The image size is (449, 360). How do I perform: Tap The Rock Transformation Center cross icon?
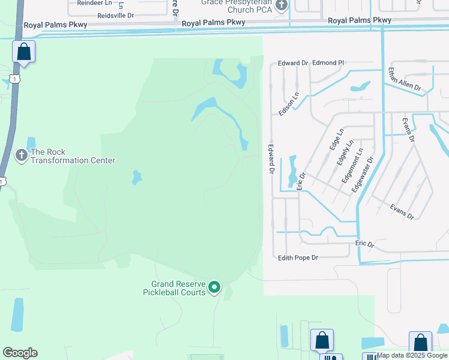point(21,156)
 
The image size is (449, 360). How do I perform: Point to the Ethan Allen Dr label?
point(404,79)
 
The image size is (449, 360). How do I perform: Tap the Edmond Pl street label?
point(328,62)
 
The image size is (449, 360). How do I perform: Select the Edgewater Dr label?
point(362,176)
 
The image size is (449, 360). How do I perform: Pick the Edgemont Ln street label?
point(352,166)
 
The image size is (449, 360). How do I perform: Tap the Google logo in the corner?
point(20,353)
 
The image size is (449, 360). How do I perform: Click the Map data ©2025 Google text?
point(412,356)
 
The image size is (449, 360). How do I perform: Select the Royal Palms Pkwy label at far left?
point(55,25)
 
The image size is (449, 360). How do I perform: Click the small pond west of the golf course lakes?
point(137,178)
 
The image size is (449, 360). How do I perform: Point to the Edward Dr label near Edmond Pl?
point(293,62)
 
